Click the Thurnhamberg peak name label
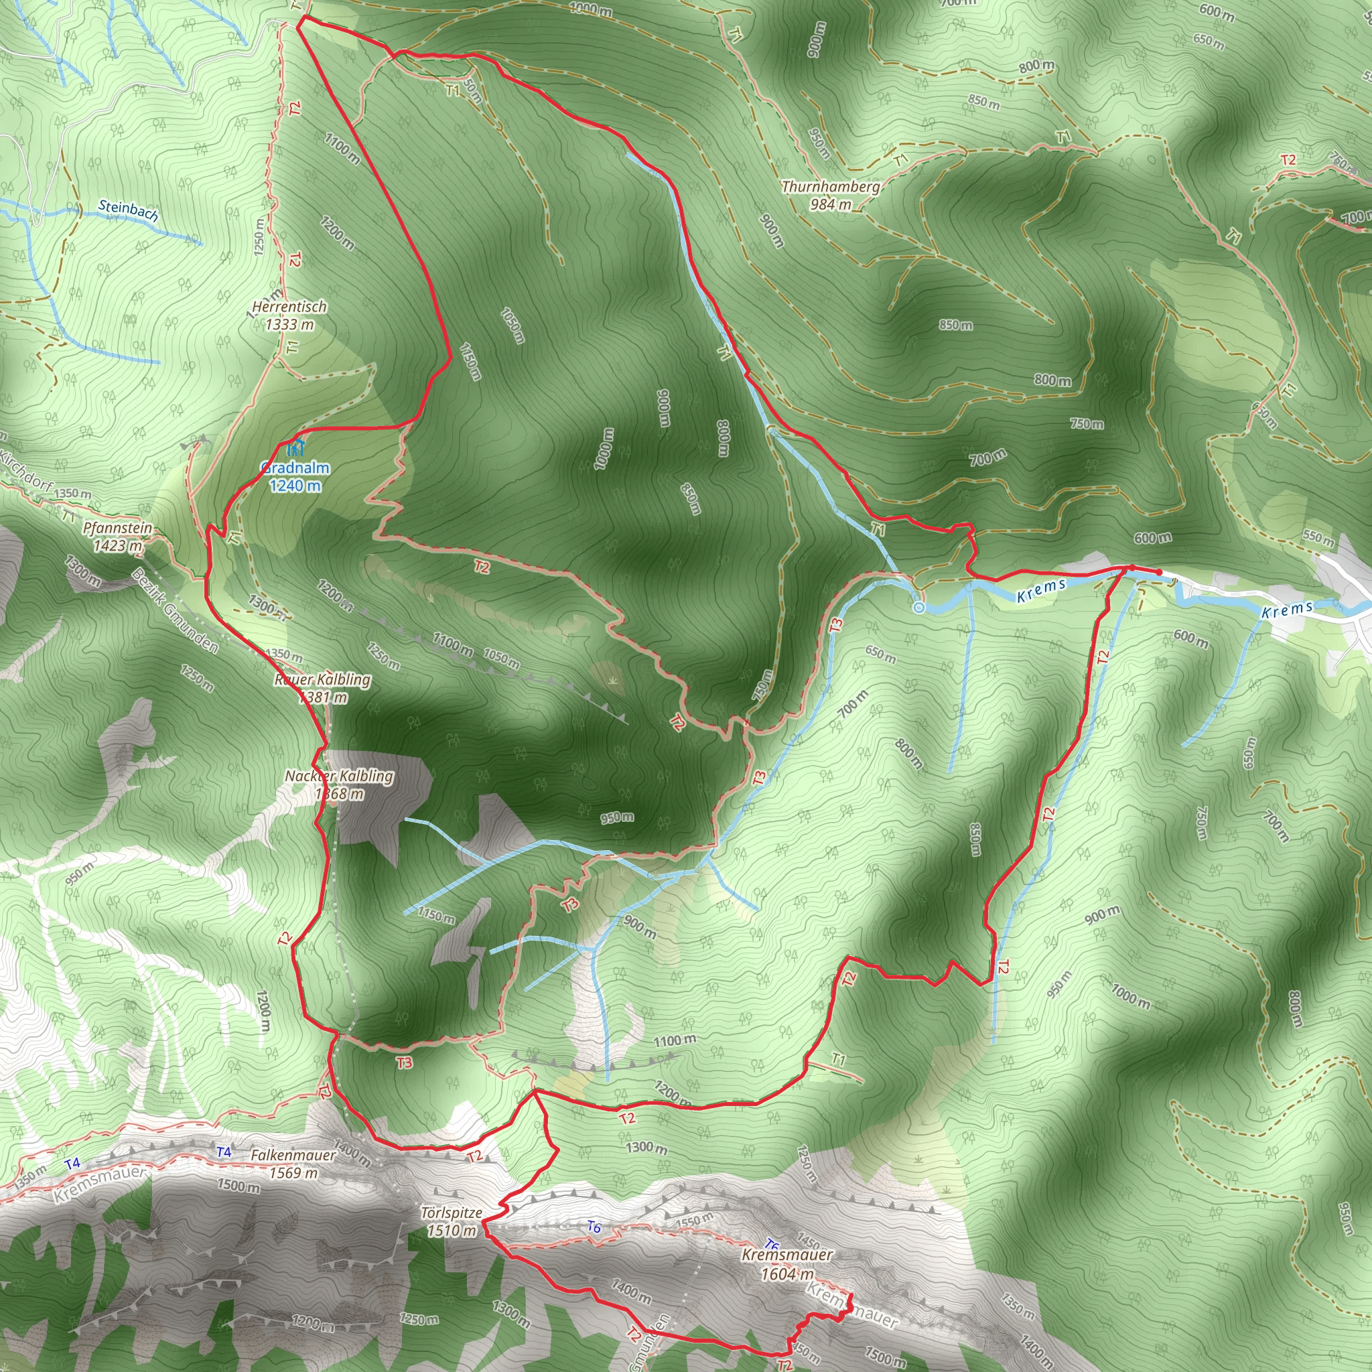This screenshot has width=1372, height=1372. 830,187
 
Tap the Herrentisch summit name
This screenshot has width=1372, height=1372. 289,307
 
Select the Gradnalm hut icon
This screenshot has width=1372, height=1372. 295,448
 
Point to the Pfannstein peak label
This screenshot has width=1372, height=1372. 117,528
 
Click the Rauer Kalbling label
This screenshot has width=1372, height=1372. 323,679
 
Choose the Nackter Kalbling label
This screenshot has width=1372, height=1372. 339,776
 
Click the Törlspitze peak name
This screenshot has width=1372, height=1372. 451,1213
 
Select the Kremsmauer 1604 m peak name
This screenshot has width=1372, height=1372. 787,1254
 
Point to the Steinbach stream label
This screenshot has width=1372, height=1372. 129,210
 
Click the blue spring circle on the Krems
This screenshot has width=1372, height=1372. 918,608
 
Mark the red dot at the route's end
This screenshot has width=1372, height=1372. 1159,572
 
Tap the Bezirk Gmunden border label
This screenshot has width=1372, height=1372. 175,611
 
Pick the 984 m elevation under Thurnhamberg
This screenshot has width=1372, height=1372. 830,204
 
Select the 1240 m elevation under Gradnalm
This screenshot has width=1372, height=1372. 295,486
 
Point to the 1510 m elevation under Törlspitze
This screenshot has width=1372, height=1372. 451,1231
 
